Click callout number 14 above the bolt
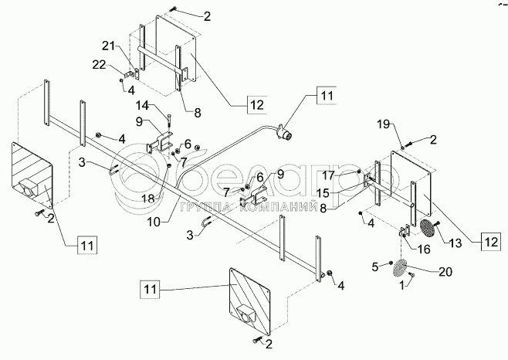click(144, 105)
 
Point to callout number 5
click(376, 267)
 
